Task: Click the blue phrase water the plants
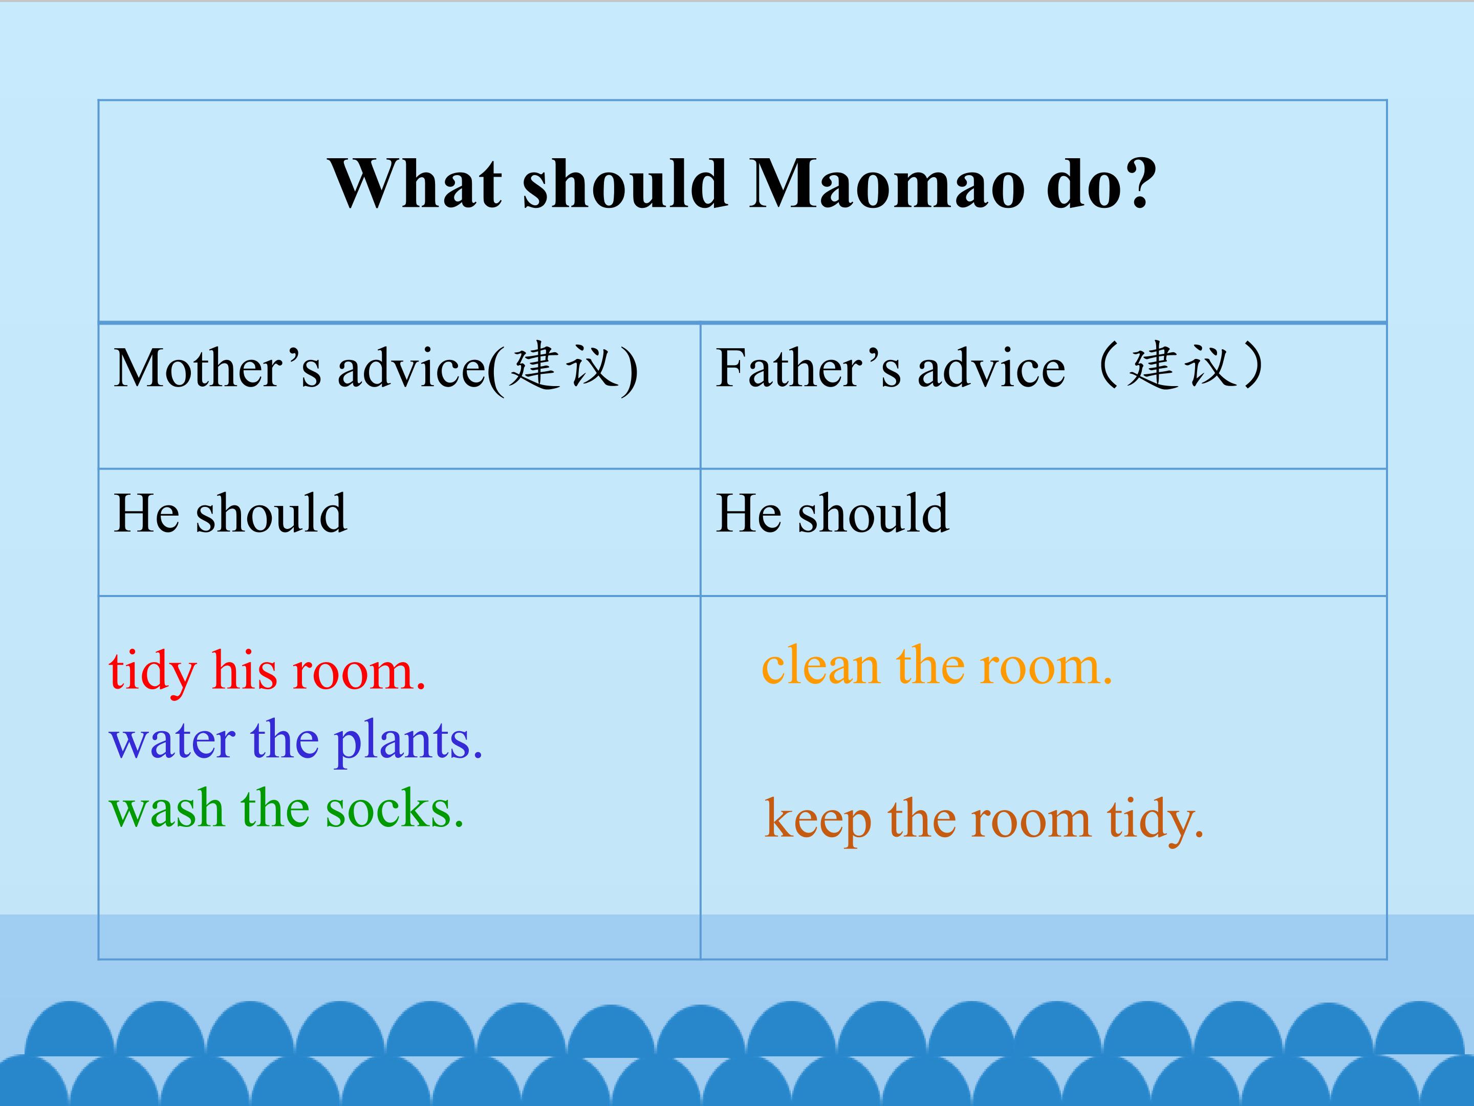pos(296,741)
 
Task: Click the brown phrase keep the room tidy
pos(984,820)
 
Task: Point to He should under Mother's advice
pos(230,514)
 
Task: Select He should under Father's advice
pos(832,514)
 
